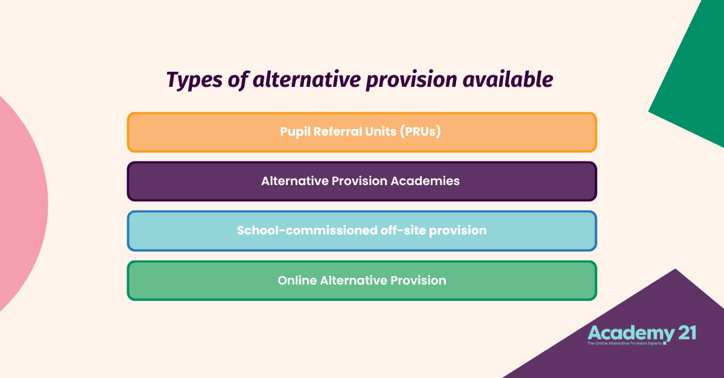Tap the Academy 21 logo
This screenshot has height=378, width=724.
[641, 335]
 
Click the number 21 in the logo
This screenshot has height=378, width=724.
[684, 333]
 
